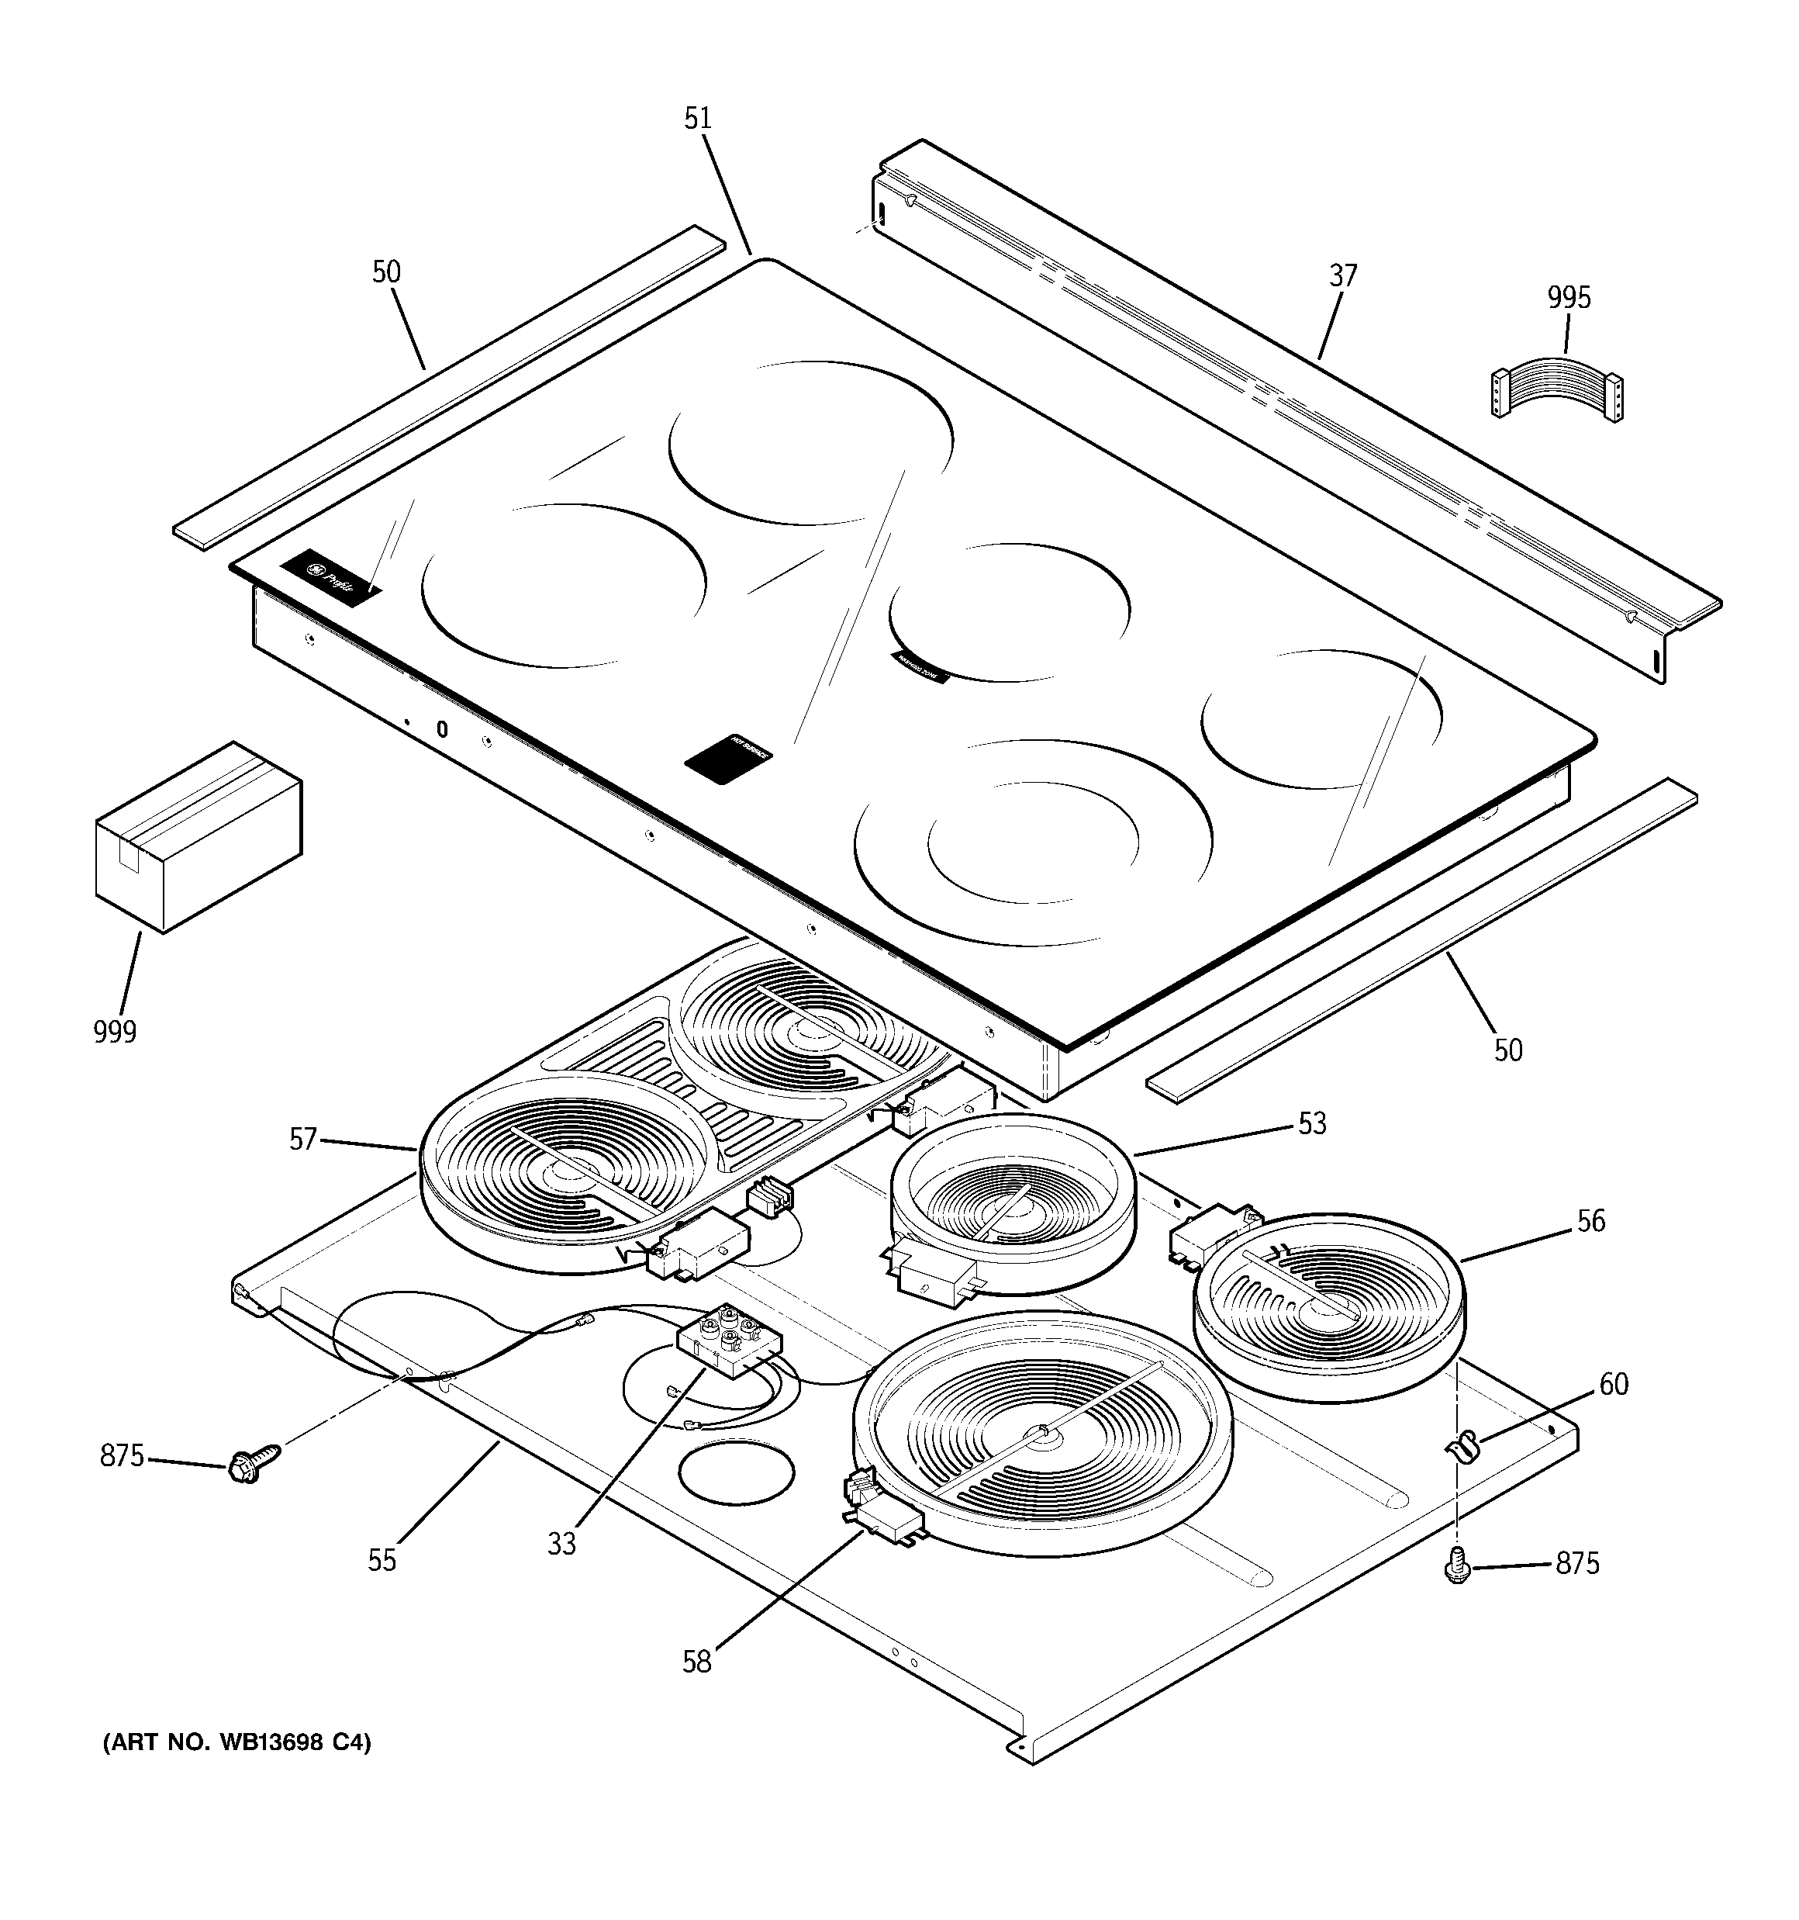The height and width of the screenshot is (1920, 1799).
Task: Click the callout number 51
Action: point(697,119)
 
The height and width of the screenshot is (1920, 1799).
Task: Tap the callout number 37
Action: point(1342,276)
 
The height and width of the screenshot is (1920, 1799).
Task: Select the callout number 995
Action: point(1568,297)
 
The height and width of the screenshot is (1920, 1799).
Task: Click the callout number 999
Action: point(115,1032)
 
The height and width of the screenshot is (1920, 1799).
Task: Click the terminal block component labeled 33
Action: point(729,1337)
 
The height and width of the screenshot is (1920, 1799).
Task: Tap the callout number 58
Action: point(696,1661)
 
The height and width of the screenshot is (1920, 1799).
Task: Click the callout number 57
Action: point(303,1140)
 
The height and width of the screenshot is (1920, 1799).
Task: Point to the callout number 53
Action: point(1311,1123)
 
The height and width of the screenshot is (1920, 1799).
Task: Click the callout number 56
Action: point(1590,1221)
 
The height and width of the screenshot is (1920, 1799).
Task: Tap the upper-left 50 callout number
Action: point(386,272)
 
